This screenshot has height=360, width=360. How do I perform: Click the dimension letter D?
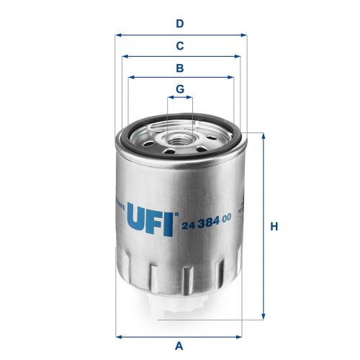(x=180, y=23)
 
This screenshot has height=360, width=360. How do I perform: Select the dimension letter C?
(x=180, y=45)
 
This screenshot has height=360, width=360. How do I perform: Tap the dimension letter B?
(x=180, y=68)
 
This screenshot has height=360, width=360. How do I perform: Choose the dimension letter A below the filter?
(x=180, y=345)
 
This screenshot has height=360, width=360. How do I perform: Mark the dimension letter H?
(x=274, y=227)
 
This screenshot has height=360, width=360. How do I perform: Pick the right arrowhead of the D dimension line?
(x=243, y=34)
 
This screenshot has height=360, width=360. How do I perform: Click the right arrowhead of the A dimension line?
(x=243, y=335)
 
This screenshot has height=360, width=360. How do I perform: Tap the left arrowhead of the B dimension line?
(x=129, y=78)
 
